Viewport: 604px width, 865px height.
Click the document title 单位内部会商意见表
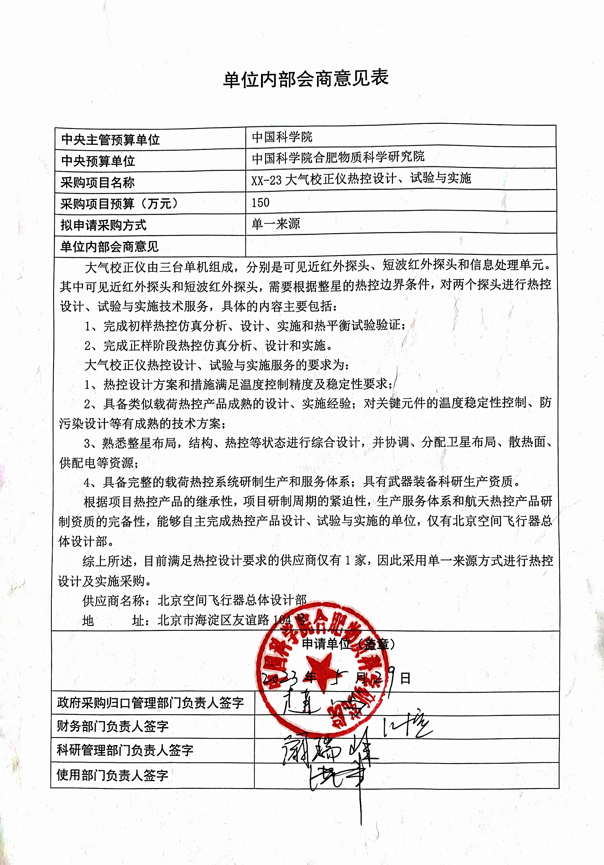point(305,79)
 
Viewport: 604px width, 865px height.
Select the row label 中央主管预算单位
point(110,140)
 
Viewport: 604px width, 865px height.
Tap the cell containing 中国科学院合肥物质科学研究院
point(338,157)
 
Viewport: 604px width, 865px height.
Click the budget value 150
point(260,203)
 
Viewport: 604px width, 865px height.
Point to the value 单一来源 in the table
point(276,224)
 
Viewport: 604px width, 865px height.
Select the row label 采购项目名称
point(98,183)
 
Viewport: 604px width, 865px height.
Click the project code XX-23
point(266,180)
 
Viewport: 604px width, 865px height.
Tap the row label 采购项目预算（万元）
point(119,204)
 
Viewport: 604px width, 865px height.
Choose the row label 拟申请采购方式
point(103,225)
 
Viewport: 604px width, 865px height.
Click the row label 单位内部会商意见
point(109,247)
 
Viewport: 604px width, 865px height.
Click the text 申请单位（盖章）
point(349,644)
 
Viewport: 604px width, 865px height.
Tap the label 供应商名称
point(113,601)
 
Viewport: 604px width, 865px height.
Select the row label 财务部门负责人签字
point(113,726)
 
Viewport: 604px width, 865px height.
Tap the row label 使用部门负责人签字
point(112,775)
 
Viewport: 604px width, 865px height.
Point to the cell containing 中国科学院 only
point(282,137)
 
